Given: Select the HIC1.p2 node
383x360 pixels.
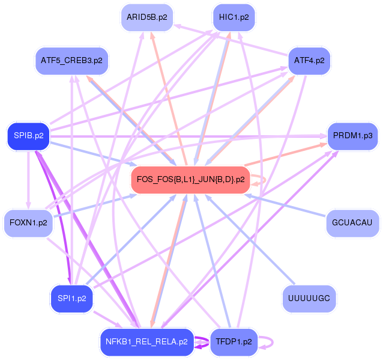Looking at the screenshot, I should [x=234, y=17].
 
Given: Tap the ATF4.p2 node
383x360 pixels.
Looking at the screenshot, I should [x=309, y=60].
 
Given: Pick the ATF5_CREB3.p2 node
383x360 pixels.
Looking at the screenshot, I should [x=71, y=61].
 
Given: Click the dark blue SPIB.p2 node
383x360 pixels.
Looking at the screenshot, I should [x=29, y=136].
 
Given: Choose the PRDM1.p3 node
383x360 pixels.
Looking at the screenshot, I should [x=352, y=136].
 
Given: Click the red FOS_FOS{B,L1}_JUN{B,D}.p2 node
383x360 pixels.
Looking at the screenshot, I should [x=190, y=179].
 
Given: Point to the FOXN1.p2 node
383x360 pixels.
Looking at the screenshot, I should [x=29, y=223].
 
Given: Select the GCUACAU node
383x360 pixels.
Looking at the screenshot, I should [x=352, y=223].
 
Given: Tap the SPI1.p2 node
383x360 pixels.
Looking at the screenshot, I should [x=71, y=298].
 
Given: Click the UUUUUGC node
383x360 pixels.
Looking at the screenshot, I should [x=309, y=298].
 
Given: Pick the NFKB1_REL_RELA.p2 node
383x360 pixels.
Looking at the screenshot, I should [x=146, y=342].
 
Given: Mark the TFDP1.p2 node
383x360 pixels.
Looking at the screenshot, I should [x=234, y=342].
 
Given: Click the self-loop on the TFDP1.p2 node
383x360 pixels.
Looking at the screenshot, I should [x=269, y=343].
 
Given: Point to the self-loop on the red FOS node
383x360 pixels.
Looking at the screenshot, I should [x=261, y=179].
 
